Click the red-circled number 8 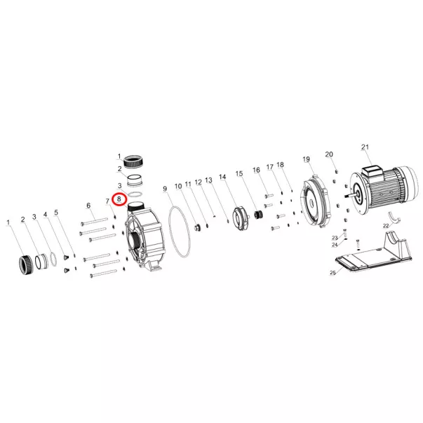click(x=119, y=200)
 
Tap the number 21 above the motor click(x=365, y=147)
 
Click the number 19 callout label click(x=306, y=159)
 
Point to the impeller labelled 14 click(x=240, y=218)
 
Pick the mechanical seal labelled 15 click(x=259, y=215)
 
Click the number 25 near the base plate click(x=333, y=273)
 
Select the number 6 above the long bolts click(x=88, y=206)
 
